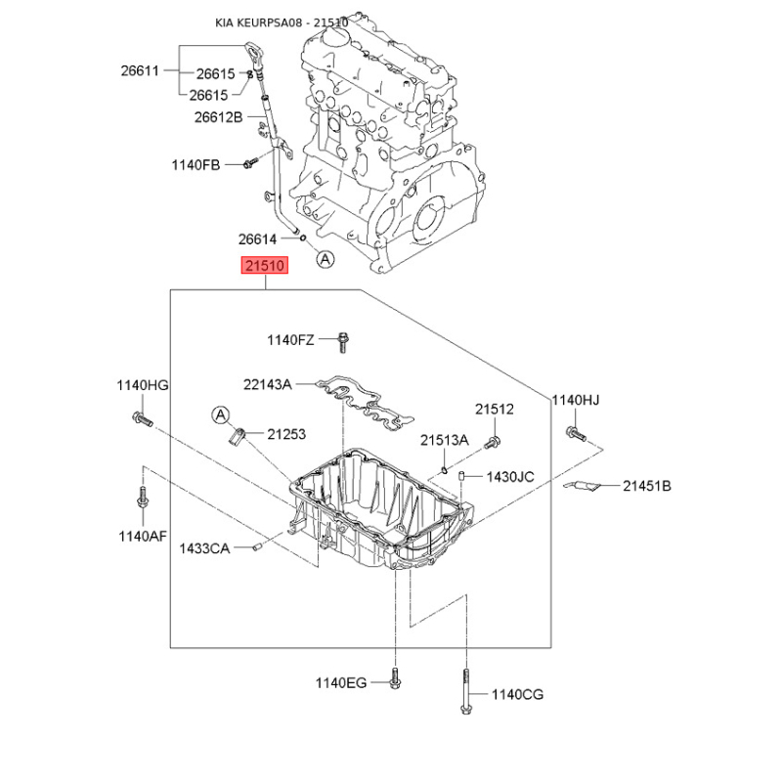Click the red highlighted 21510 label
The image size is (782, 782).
(265, 265)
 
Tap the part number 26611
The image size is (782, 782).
(140, 70)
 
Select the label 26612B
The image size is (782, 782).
(218, 117)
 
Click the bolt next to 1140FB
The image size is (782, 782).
(250, 162)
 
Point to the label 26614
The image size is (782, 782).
(257, 239)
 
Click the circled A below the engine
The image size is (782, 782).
(326, 259)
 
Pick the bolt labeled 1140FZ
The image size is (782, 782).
(343, 343)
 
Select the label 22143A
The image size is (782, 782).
(267, 384)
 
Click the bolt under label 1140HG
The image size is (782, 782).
(142, 419)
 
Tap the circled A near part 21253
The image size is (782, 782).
(221, 414)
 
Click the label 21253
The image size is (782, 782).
(286, 434)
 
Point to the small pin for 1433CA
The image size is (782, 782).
(257, 547)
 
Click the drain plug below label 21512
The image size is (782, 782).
(493, 443)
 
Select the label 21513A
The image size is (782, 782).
(445, 440)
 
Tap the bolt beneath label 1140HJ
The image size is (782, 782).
(576, 434)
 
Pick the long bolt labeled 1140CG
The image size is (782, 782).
(466, 692)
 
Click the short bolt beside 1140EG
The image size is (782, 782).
(395, 678)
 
